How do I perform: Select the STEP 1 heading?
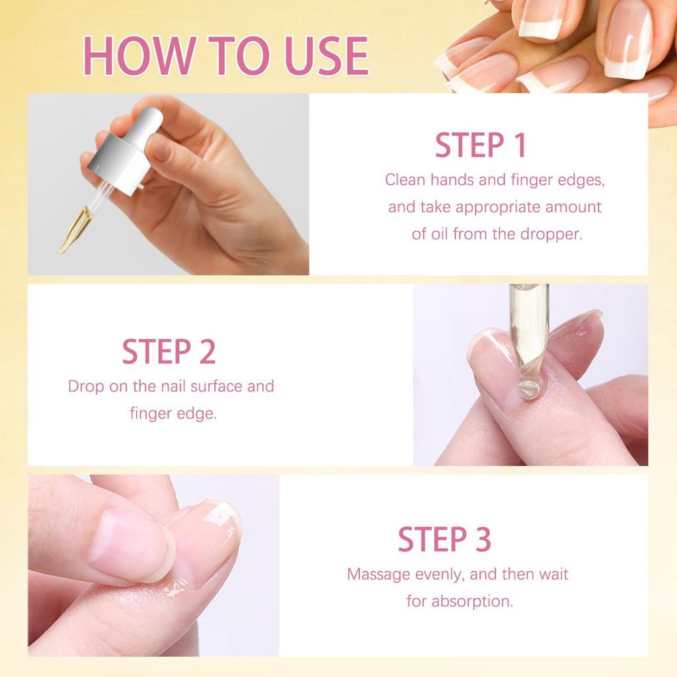(480, 145)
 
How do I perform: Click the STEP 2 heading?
(169, 352)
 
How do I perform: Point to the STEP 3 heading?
(444, 539)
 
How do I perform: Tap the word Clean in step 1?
(405, 180)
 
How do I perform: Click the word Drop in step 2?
(86, 386)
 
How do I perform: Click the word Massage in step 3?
(378, 574)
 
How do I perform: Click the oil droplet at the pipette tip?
(528, 389)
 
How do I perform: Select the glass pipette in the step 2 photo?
(529, 331)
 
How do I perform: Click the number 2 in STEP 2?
(207, 352)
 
